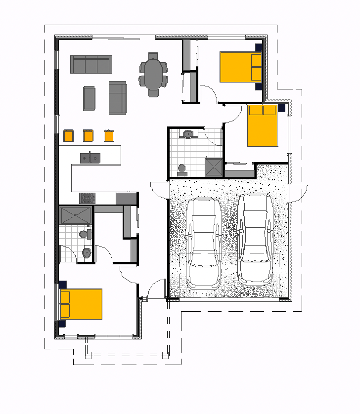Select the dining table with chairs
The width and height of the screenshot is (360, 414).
(153, 75)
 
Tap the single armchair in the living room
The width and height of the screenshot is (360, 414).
(89, 98)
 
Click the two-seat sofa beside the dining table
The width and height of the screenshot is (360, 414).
(118, 98)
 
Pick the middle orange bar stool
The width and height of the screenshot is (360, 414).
(89, 135)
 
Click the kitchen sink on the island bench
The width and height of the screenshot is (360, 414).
(90, 158)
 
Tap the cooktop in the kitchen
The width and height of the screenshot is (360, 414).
(87, 198)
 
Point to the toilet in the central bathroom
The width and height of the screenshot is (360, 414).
(182, 170)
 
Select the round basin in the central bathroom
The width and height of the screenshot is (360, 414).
(188, 134)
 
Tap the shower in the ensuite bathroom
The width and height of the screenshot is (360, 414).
(75, 215)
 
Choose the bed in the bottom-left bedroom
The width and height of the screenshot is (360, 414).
(81, 304)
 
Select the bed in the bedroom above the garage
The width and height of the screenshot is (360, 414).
(262, 125)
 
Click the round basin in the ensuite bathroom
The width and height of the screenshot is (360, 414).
(87, 253)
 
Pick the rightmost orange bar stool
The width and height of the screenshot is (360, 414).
(109, 135)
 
